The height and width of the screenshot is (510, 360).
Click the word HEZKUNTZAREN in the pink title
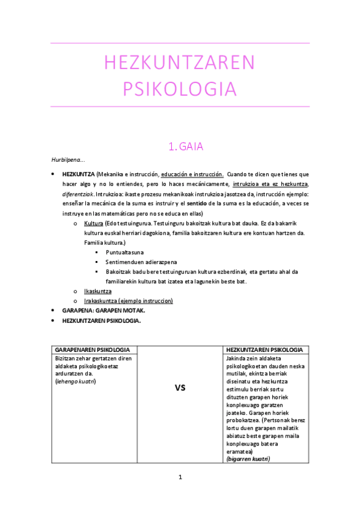coord(180,63)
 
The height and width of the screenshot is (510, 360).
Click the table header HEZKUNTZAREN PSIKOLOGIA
coord(263,350)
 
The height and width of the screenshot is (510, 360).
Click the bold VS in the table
coord(179,388)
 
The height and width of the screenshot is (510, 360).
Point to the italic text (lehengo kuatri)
coord(75,381)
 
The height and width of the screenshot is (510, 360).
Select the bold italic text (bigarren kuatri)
coord(248,459)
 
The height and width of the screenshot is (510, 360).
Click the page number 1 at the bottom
coord(180,478)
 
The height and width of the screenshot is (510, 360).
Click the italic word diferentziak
coord(78,194)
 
